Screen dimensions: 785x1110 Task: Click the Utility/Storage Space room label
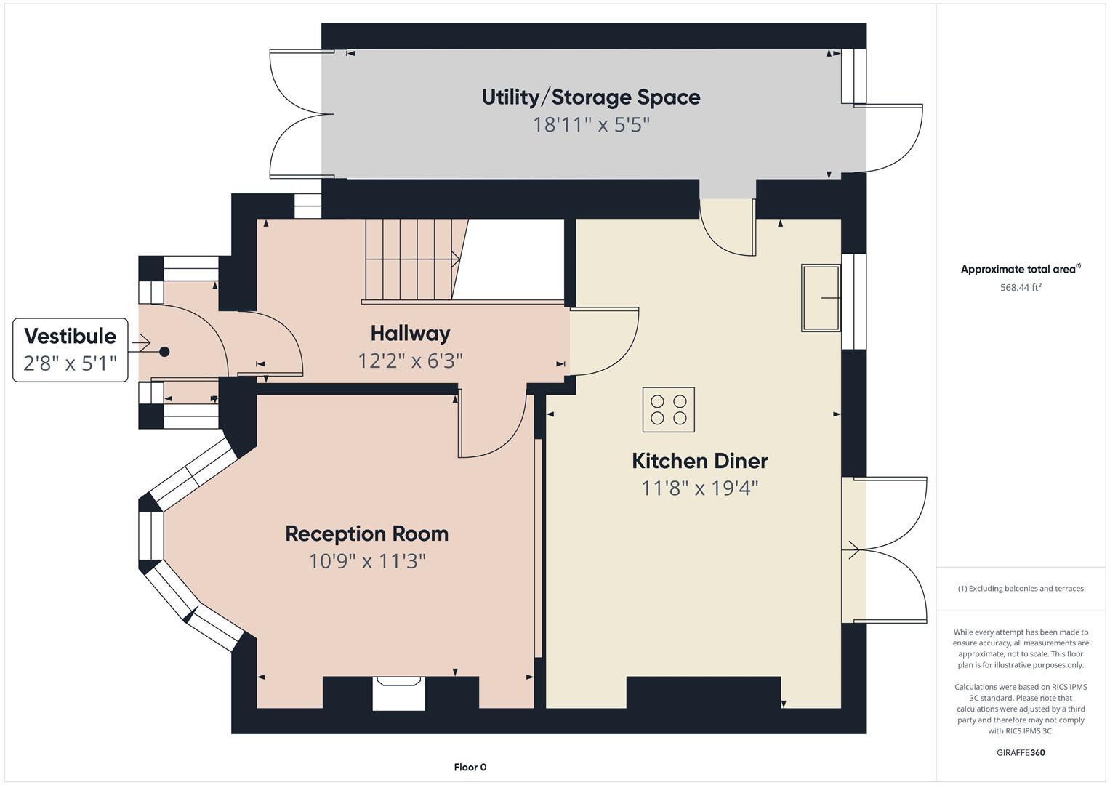coord(590,97)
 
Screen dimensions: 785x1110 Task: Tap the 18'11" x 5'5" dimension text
coord(590,125)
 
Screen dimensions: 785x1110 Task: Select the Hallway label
coord(410,334)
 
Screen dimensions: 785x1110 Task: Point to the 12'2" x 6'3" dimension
coord(410,361)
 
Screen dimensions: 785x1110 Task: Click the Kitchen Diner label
coord(699,461)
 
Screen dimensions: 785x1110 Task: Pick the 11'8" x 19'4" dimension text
coord(699,488)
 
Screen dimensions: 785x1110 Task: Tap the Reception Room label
coord(366,534)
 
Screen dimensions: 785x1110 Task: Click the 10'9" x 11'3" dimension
coord(366,561)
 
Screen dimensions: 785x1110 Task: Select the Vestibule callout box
coord(71,350)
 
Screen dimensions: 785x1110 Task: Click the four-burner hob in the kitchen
coord(668,409)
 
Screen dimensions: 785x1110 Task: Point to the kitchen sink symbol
coord(821,298)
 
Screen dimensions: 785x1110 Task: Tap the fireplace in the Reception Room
coord(398,693)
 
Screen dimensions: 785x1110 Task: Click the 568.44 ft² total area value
coord(1021,287)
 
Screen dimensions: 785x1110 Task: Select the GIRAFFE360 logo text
coord(1021,752)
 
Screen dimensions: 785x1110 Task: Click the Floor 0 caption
coord(470,767)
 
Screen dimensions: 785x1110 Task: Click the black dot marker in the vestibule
coord(164,352)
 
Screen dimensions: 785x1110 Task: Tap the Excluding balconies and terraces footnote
coord(1021,589)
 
